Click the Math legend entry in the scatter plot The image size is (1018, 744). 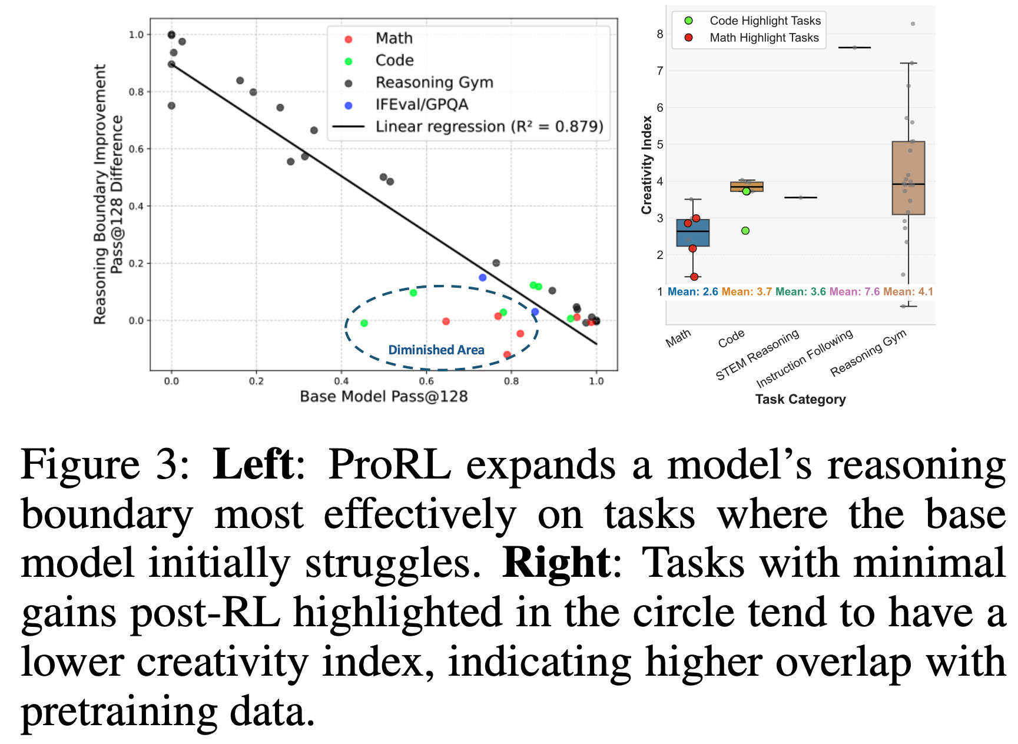tap(393, 39)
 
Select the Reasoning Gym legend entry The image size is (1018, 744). tap(434, 83)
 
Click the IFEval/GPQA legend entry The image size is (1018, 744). tap(422, 105)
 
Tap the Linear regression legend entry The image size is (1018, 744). tap(489, 127)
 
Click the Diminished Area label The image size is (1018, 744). tap(436, 350)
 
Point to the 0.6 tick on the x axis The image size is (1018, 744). tap(426, 381)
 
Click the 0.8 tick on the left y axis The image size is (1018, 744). tap(136, 92)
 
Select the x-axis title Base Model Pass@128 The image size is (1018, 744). tap(384, 397)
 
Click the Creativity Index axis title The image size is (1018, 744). tap(647, 165)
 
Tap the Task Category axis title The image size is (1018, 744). tap(800, 400)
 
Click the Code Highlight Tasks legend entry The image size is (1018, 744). tap(764, 21)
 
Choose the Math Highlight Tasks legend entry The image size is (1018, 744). tap(764, 38)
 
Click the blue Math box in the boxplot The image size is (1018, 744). tap(693, 233)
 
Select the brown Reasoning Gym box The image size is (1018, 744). tap(908, 178)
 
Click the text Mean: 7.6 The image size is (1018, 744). tap(854, 292)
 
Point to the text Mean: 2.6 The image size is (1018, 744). tap(693, 292)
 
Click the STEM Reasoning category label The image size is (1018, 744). tap(758, 355)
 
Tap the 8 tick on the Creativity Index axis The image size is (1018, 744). tap(660, 35)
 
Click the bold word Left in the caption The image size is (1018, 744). tap(253, 465)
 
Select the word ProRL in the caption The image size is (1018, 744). tap(389, 465)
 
